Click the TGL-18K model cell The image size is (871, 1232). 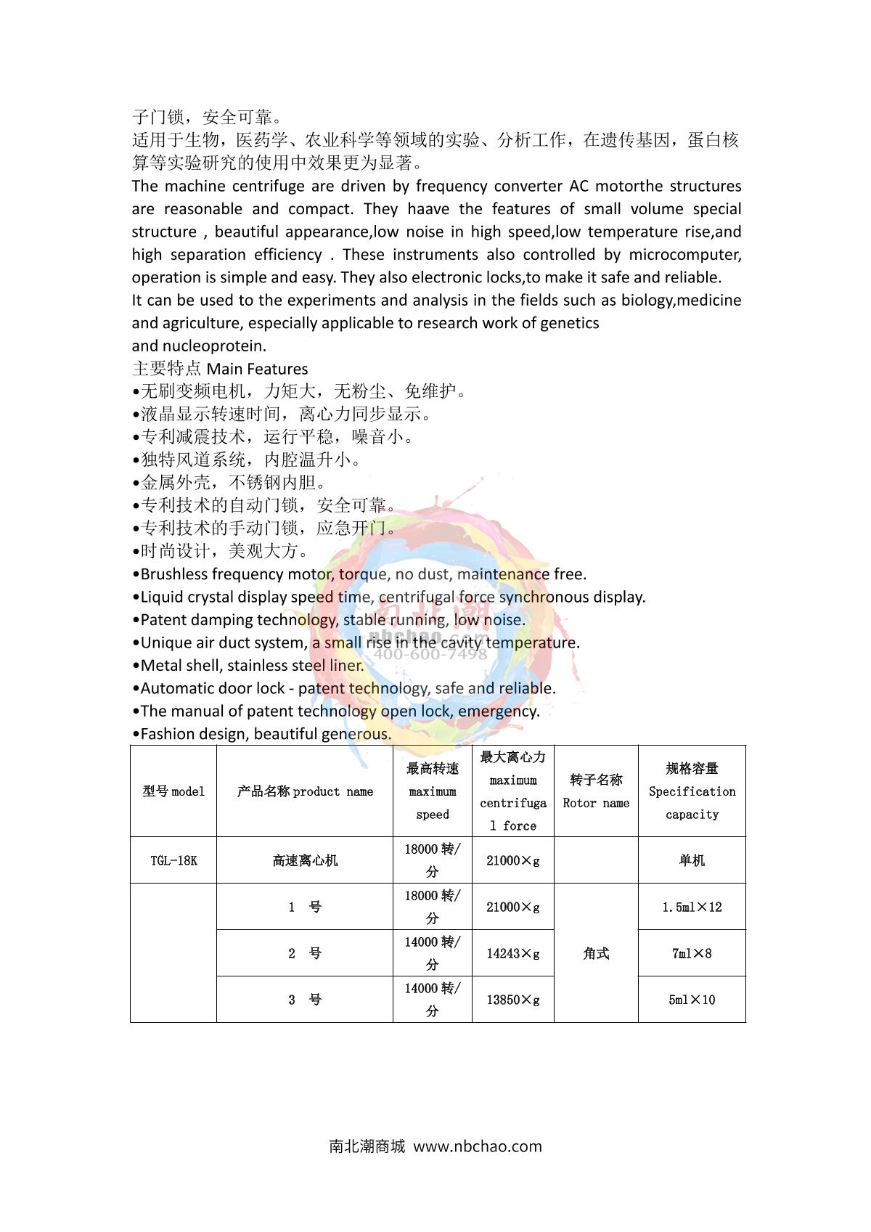(173, 860)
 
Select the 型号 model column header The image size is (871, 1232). (173, 791)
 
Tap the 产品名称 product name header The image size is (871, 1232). (305, 791)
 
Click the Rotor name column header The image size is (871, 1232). (596, 791)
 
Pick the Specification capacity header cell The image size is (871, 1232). (692, 791)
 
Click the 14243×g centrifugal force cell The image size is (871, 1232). (513, 953)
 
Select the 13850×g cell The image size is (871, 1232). (513, 1000)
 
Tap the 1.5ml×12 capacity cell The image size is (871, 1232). (692, 907)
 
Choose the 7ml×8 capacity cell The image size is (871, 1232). (692, 953)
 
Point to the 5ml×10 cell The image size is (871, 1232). (692, 1000)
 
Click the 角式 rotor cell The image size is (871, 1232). (596, 953)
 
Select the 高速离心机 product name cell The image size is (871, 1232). (305, 860)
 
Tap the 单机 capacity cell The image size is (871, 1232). (692, 860)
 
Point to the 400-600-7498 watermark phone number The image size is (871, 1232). (430, 654)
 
